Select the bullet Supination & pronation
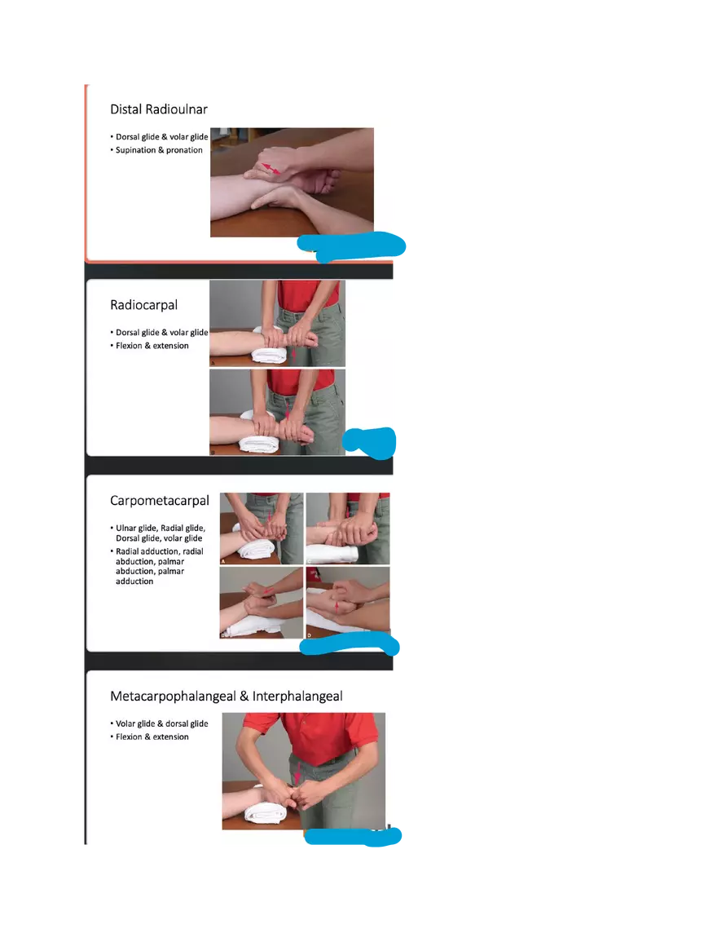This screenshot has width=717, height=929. [159, 150]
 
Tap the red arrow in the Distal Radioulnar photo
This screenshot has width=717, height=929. [272, 168]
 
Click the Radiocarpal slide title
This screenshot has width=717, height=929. [143, 305]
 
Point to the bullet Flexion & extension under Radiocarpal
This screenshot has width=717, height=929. [152, 346]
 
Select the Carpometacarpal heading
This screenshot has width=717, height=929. [160, 501]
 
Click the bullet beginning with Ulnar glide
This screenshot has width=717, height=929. [160, 533]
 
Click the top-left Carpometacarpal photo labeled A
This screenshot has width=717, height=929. [261, 529]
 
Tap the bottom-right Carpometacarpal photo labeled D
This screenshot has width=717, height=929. [348, 604]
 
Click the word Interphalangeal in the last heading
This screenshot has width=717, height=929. [297, 697]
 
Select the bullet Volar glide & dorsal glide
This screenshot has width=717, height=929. [161, 723]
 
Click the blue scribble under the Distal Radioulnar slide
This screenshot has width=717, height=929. [352, 246]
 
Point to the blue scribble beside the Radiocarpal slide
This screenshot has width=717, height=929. [372, 440]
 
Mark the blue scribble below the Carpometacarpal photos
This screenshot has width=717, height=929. [352, 647]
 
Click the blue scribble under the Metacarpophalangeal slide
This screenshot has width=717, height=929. [354, 838]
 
